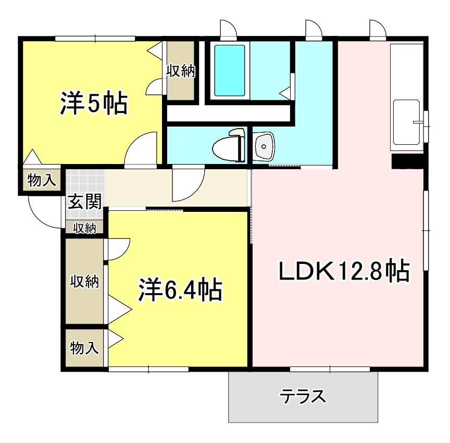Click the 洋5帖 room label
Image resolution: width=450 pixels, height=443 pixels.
click(x=93, y=103)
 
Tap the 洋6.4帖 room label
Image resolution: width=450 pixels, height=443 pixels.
click(x=180, y=289)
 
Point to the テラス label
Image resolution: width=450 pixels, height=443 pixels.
click(x=303, y=397)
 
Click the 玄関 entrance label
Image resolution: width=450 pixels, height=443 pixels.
click(x=83, y=201)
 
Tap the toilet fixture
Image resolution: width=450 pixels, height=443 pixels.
click(x=229, y=146)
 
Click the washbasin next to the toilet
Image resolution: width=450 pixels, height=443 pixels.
click(x=265, y=146)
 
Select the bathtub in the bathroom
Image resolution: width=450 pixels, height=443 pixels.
click(x=229, y=70)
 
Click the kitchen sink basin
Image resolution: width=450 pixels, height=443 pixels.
click(x=407, y=122)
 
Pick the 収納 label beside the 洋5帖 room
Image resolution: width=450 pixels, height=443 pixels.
click(x=180, y=72)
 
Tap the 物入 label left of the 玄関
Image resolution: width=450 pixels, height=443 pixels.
click(x=41, y=181)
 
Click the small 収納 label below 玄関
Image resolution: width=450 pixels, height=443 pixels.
click(x=84, y=227)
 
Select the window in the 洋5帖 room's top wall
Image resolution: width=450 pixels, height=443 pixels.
click(x=96, y=37)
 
